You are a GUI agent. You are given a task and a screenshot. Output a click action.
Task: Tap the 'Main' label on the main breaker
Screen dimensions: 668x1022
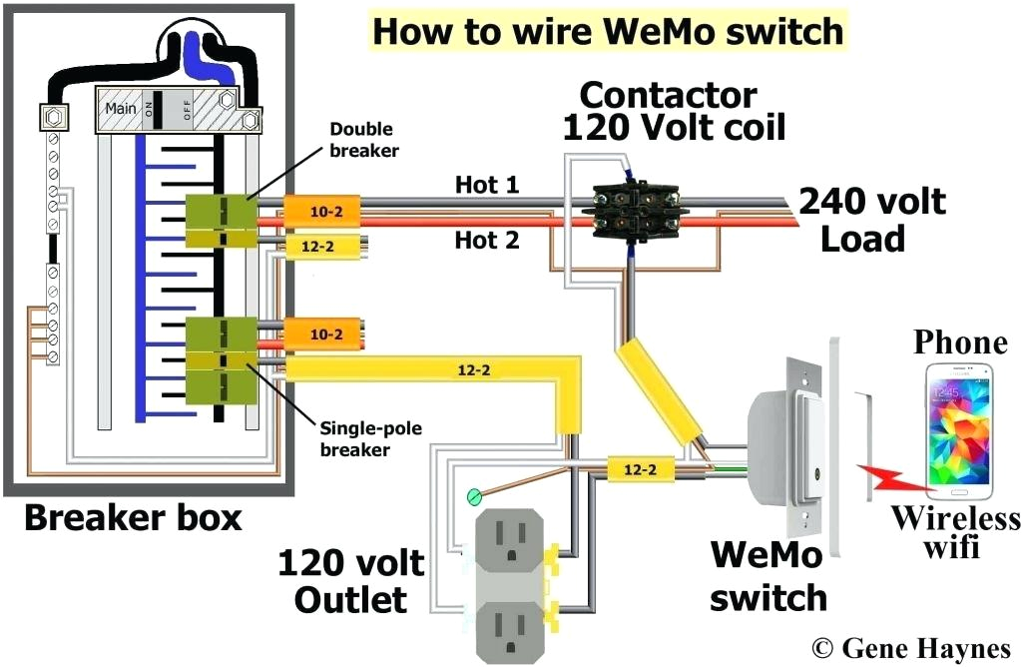[x=121, y=108]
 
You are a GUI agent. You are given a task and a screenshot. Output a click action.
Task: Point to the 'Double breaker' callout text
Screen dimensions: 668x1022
[x=362, y=140]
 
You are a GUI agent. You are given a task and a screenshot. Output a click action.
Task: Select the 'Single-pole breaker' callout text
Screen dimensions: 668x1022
[x=370, y=439]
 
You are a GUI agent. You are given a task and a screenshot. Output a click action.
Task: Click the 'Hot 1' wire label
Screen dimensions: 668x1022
[x=486, y=185]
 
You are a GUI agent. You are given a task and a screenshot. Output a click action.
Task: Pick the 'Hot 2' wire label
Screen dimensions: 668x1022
[x=486, y=240]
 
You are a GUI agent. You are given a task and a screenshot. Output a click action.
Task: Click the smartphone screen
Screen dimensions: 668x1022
[x=958, y=429]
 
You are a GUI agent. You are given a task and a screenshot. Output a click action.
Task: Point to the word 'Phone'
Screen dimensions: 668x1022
[x=960, y=343]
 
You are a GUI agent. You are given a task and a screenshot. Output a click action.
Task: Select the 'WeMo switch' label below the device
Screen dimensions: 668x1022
[x=768, y=576]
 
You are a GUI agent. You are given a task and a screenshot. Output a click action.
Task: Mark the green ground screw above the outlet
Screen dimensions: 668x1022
[x=474, y=496]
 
